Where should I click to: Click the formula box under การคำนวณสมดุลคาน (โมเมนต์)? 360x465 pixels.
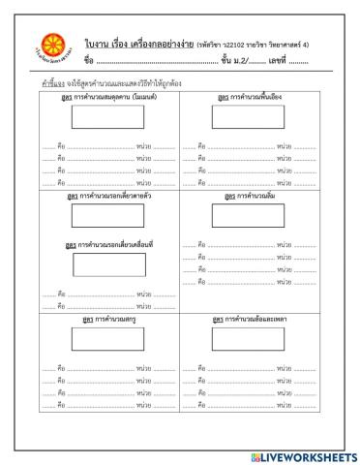[x=103, y=117]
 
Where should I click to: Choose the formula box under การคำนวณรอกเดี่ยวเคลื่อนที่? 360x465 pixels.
[x=103, y=263]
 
